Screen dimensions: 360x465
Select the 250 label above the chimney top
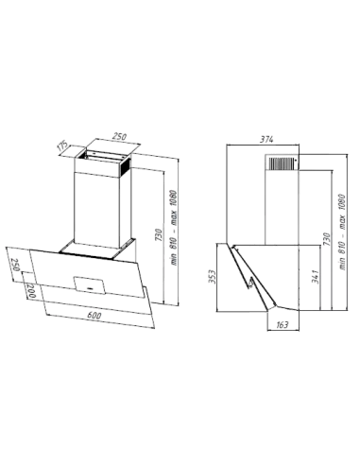[120, 137]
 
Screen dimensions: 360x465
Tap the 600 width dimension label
[94, 315]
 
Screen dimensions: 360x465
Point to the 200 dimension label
[31, 291]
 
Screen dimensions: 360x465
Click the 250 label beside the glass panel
[16, 266]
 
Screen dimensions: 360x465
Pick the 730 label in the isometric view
[159, 235]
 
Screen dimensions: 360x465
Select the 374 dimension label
[266, 139]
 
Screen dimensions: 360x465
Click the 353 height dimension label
[214, 277]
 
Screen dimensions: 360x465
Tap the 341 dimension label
[316, 277]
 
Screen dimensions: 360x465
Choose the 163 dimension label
[282, 324]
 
